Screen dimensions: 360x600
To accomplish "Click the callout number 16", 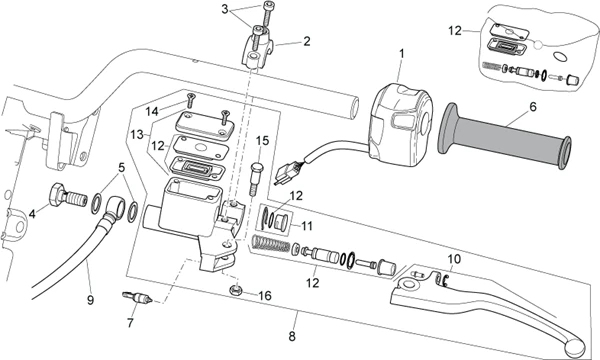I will [265, 296].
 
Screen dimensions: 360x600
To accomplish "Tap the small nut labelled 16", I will [235, 291].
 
